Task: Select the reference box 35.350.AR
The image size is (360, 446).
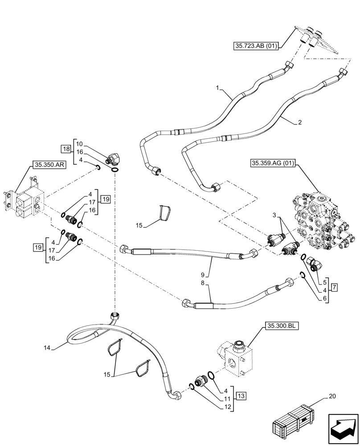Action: pos(49,165)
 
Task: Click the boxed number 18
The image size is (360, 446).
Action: pos(65,149)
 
